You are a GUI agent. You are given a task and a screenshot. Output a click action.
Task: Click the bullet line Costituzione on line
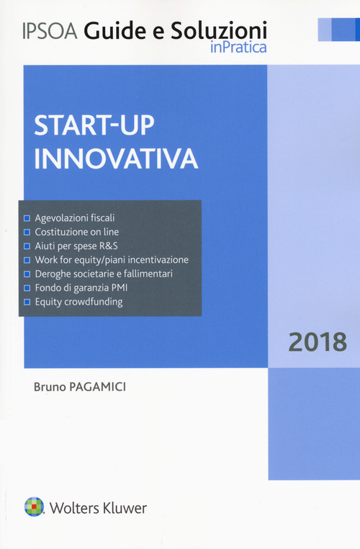[76, 231]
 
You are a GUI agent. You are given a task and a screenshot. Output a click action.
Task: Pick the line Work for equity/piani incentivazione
[111, 259]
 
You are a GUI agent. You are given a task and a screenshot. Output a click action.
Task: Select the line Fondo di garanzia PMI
[81, 288]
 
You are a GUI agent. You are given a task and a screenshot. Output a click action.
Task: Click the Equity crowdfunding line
[78, 302]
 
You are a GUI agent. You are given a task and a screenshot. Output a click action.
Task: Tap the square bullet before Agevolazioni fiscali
[27, 218]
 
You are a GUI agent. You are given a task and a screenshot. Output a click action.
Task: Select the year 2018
[318, 342]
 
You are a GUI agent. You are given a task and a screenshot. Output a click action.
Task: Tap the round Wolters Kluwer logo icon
[32, 507]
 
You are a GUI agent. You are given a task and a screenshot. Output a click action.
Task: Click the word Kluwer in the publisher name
[125, 508]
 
